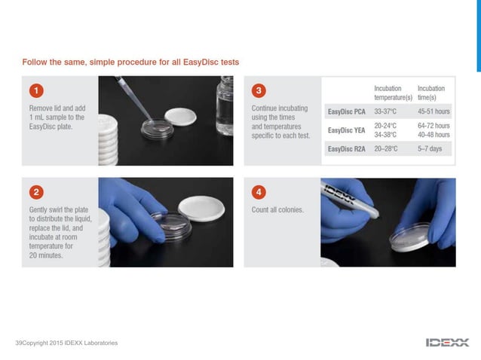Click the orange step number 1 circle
[36, 90]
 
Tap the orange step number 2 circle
[36, 192]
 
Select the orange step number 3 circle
[259, 90]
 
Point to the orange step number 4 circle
[259, 192]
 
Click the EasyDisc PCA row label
[347, 111]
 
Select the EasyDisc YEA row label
[347, 130]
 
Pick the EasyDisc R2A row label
[347, 149]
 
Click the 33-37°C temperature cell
[385, 111]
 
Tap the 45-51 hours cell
[434, 111]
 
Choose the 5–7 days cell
[430, 149]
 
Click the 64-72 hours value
[434, 126]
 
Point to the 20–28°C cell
[386, 149]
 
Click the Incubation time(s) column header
[431, 93]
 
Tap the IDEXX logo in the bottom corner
[447, 343]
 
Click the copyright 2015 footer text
[66, 343]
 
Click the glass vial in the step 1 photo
[225, 105]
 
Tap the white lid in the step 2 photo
[201, 209]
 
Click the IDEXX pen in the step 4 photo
[350, 200]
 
